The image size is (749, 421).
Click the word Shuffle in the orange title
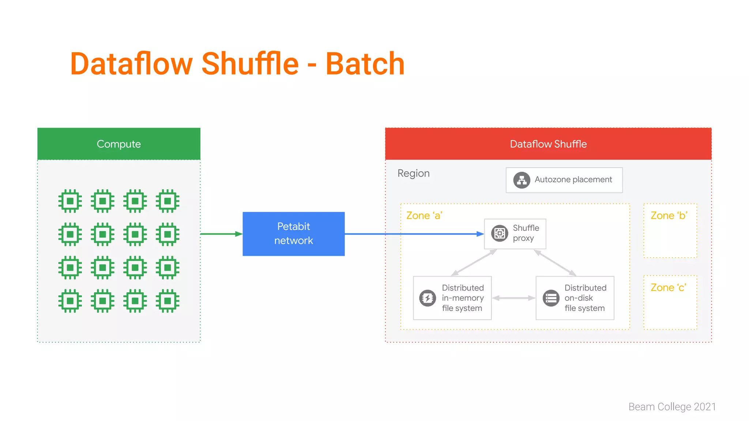click(250, 64)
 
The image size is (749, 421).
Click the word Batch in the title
click(365, 64)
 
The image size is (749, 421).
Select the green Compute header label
click(118, 144)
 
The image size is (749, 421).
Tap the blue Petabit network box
click(293, 234)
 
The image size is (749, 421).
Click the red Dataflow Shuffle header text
click(548, 144)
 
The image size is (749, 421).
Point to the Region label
click(413, 173)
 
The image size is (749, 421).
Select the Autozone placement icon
click(522, 180)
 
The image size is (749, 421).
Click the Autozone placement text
click(573, 179)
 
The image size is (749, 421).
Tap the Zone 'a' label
click(424, 216)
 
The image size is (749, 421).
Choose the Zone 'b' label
click(669, 216)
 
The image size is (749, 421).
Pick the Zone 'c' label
click(668, 288)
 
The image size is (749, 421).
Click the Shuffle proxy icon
click(500, 233)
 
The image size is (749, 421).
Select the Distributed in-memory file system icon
click(428, 298)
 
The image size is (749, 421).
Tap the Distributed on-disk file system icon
click(551, 298)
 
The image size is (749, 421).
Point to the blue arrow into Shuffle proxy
click(413, 234)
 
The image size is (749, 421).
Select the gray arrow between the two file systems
click(513, 298)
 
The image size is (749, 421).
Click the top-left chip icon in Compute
click(70, 201)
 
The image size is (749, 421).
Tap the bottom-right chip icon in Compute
click(168, 301)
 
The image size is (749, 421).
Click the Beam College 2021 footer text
click(672, 407)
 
